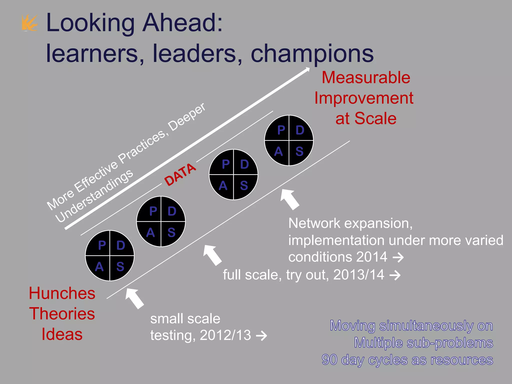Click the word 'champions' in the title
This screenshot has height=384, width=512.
tap(312, 53)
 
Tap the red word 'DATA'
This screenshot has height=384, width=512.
tap(180, 174)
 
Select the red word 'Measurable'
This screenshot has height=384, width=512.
tap(366, 77)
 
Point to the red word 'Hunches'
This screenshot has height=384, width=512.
tap(62, 293)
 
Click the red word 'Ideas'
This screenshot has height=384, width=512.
tap(62, 334)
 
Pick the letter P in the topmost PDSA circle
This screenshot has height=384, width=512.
tap(281, 130)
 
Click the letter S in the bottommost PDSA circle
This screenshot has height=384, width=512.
tap(120, 267)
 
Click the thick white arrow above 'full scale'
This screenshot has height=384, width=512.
tap(212, 255)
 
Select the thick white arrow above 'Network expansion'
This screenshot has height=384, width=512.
tap(290, 199)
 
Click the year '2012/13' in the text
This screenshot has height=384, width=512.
tap(225, 335)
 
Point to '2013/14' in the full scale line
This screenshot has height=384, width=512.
tap(359, 275)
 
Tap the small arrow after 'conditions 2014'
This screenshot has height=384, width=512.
tap(398, 257)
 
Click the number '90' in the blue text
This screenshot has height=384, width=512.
tap(330, 360)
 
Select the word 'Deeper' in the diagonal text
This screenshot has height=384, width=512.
tap(187, 117)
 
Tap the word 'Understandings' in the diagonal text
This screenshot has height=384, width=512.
tap(94, 196)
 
